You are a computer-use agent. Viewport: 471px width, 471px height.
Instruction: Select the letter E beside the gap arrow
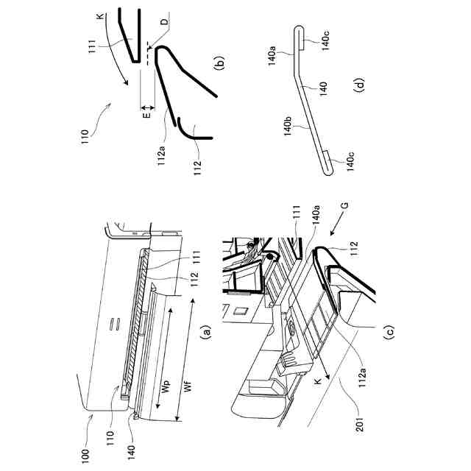click(147, 115)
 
